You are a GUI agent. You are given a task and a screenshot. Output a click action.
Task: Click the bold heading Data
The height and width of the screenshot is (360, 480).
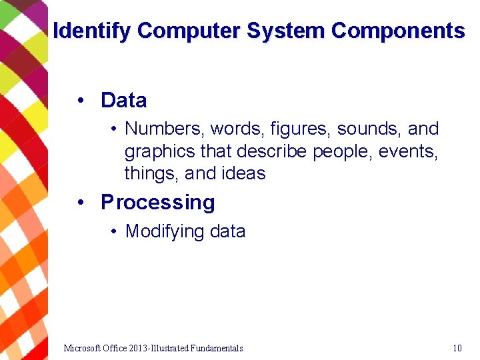[123, 101]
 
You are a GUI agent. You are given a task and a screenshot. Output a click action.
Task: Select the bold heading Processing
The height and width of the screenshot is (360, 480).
[158, 202]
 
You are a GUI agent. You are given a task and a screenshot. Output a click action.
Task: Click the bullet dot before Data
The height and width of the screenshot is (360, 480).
[80, 101]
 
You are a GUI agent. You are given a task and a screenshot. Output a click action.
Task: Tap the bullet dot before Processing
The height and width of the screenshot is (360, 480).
[80, 202]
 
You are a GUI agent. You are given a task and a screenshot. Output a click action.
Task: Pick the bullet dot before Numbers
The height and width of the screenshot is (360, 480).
[115, 129]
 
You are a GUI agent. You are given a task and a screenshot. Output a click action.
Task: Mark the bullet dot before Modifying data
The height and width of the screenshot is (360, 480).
[115, 231]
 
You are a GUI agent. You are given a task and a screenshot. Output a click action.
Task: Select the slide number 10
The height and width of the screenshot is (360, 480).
[457, 348]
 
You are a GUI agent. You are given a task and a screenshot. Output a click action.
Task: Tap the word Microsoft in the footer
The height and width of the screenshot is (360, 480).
[83, 348]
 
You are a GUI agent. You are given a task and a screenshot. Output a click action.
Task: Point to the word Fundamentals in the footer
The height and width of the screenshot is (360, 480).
[217, 348]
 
